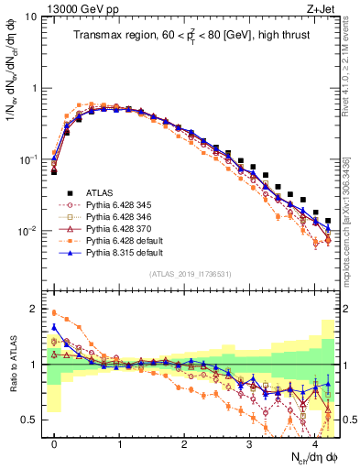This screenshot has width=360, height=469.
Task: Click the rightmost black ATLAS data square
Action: pyautogui.click(x=328, y=221)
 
